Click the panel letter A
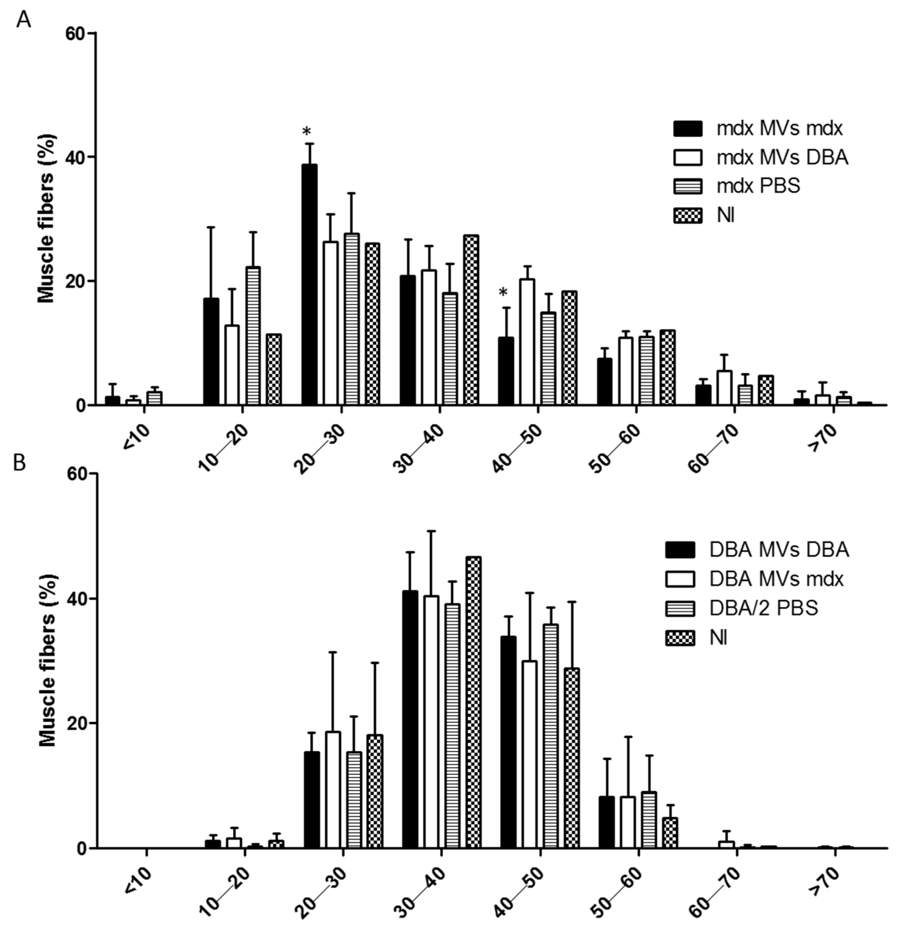23,20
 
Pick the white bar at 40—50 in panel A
527,342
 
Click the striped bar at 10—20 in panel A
252,335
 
